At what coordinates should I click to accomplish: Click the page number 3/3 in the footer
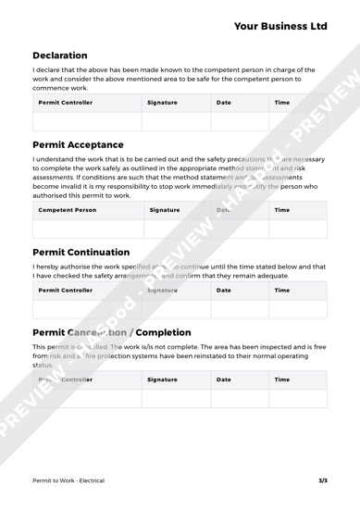point(322,481)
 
